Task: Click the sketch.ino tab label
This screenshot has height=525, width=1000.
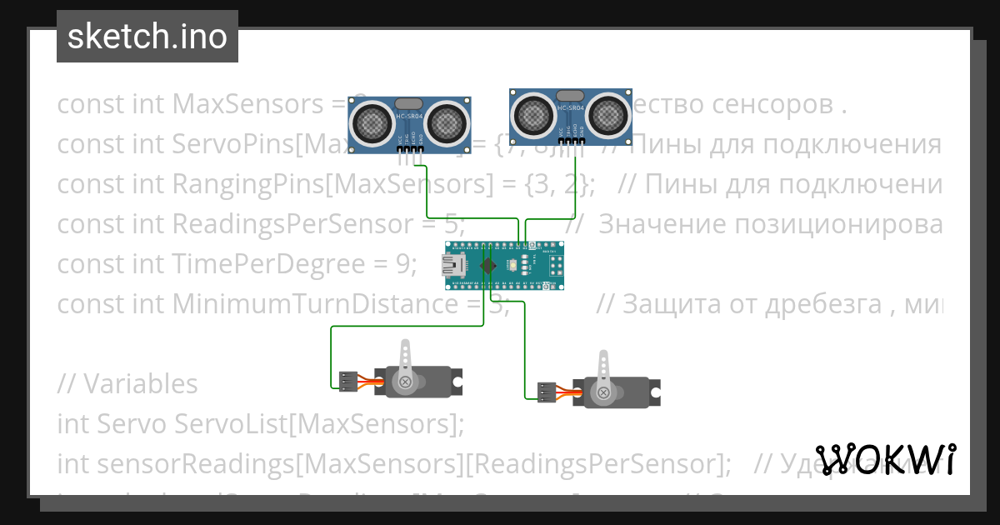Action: click(147, 37)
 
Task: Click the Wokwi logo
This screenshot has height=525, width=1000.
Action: click(885, 459)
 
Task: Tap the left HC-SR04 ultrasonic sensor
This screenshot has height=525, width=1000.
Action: click(409, 125)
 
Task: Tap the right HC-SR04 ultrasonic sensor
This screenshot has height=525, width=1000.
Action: click(570, 114)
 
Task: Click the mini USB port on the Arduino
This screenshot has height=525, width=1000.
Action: click(455, 266)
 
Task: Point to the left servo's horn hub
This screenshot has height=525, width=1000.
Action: click(406, 382)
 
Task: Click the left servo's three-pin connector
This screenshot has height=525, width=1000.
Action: click(347, 382)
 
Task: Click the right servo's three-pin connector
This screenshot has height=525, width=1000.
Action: click(547, 392)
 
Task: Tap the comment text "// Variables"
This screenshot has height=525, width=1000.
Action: click(127, 384)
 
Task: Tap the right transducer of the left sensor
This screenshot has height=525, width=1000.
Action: click(447, 123)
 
